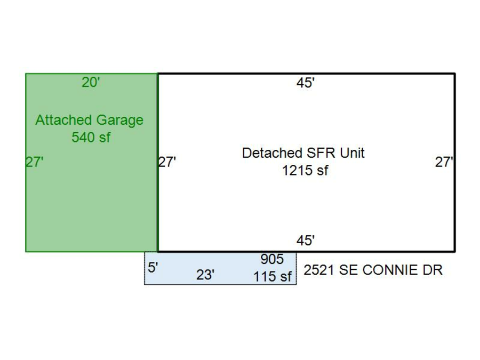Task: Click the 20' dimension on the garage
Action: (x=91, y=82)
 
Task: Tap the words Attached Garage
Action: (x=90, y=121)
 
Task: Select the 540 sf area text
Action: (x=91, y=137)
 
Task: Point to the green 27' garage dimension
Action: (x=34, y=162)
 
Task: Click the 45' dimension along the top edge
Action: (x=306, y=83)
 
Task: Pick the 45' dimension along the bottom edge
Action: (x=306, y=241)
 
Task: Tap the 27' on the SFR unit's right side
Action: (x=444, y=162)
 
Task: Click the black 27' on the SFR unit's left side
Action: (x=167, y=162)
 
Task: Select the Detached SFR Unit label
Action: (x=303, y=153)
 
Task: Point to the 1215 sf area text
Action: (x=305, y=170)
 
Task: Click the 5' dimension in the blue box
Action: (x=153, y=268)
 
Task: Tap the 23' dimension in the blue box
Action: (x=205, y=275)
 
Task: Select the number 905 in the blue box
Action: (x=272, y=259)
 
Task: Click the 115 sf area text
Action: (x=273, y=276)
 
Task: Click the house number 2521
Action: (x=319, y=270)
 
